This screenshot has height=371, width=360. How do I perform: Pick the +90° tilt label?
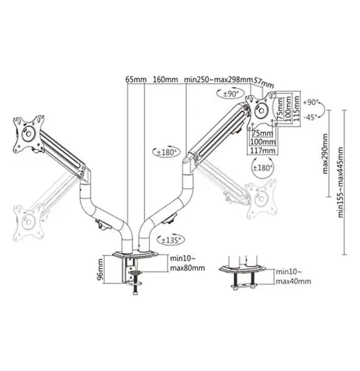point(311,103)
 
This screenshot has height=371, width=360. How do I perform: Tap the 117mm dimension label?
point(261,151)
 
